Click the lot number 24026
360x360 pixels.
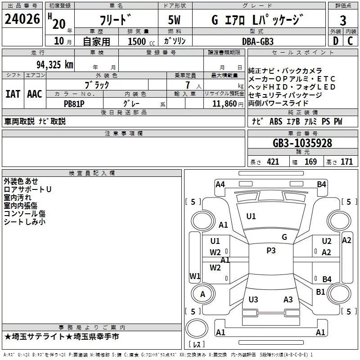pos(22,19)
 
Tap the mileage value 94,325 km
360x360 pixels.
pos(55,65)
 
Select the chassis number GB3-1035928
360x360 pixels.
pos(302,143)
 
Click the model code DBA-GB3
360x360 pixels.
pos(258,41)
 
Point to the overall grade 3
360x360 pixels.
pos(343,21)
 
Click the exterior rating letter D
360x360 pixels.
pos(336,41)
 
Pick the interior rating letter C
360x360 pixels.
pos(350,41)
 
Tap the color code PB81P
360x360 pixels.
pos(74,104)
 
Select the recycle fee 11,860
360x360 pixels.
pos(225,104)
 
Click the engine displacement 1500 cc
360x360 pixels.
pos(141,41)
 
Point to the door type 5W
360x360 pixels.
pos(174,20)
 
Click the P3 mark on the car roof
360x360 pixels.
pos(271,251)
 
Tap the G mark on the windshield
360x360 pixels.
pos(284,237)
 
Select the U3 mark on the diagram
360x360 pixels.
pos(253,299)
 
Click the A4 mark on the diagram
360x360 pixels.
pos(220,184)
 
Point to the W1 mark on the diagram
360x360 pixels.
pos(195,276)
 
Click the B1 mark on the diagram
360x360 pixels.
pos(320,292)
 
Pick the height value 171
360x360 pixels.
pos(346,162)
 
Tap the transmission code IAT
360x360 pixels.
pos(13,94)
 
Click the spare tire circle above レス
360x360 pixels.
pos(197,328)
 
